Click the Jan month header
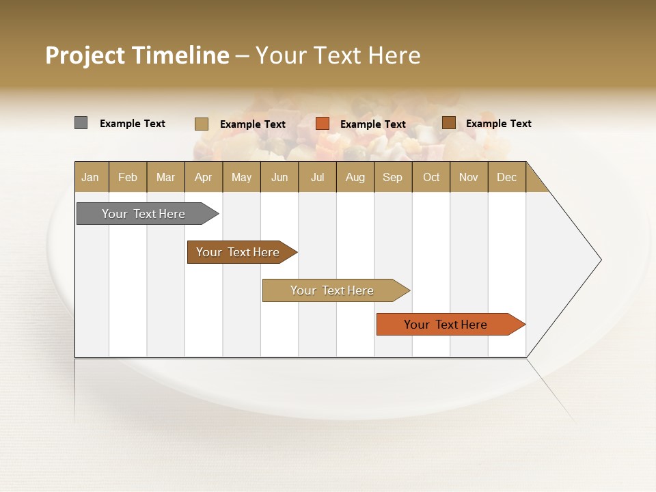91,177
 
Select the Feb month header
128,177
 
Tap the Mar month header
165,177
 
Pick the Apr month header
204,177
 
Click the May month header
241,177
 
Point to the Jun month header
279,177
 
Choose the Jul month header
317,177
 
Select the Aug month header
355,177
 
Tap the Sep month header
393,177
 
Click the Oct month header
431,177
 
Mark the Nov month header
469,177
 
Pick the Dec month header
507,177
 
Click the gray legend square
81,123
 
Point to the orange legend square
323,124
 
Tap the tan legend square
202,124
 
